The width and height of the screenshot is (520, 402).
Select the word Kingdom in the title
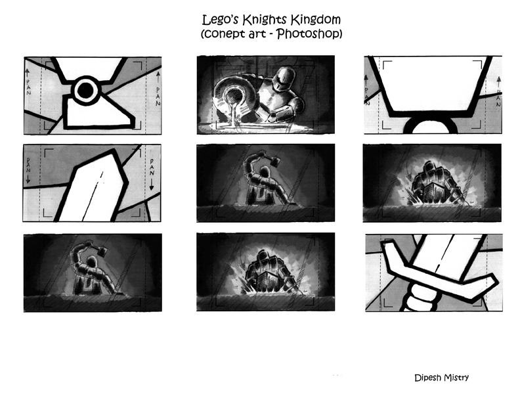pos(316,20)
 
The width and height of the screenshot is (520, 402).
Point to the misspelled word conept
pos(223,34)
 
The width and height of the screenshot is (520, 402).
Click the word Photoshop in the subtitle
pos(308,33)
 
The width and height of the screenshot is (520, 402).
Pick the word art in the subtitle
pos(256,34)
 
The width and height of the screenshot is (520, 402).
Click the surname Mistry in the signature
pos(457,378)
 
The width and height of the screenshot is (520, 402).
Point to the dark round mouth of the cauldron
pos(234,97)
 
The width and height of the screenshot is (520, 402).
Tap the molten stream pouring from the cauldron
pos(236,116)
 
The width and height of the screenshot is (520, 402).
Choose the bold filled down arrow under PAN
pos(152,185)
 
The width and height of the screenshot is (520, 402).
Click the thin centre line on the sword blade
pos(93,196)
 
